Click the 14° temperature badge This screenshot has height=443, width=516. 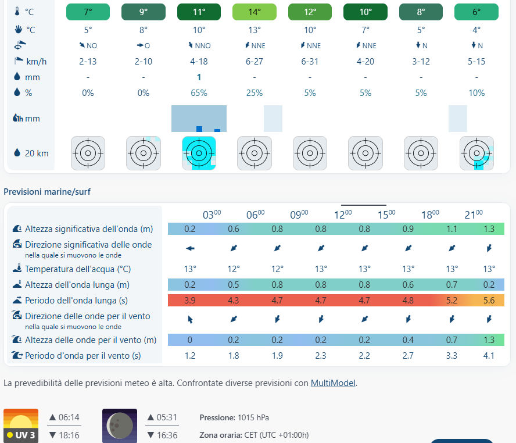(255, 12)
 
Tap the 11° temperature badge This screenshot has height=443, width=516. (199, 12)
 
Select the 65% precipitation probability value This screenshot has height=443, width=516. (199, 93)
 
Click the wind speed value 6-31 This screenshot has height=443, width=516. (310, 62)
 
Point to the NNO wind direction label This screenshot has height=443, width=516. (199, 45)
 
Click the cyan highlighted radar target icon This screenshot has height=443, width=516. (199, 153)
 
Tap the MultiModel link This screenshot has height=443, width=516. (333, 383)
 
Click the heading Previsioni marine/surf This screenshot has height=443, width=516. (47, 191)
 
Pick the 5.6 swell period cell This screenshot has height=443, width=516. (489, 301)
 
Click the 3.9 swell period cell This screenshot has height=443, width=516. (190, 301)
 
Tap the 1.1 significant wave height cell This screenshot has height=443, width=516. (451, 229)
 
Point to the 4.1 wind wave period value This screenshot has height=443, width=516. (489, 356)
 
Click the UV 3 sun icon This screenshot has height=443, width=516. (21, 426)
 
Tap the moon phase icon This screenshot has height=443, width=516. (120, 426)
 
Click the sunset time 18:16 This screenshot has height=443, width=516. (69, 435)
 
